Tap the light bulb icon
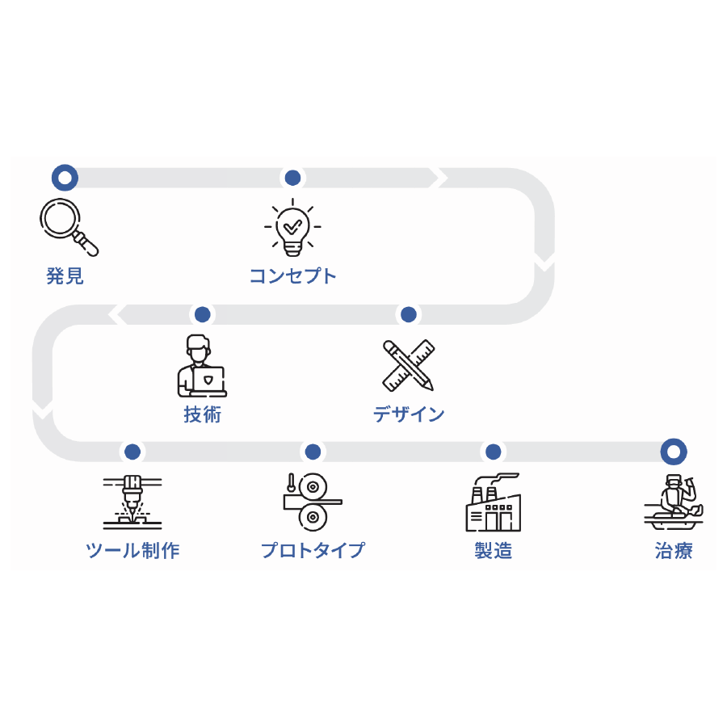click(292, 226)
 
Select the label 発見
click(65, 276)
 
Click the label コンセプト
click(292, 276)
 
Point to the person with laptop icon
click(202, 366)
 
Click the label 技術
click(202, 415)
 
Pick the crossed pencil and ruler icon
click(408, 365)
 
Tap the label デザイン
click(409, 415)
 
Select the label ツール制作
click(132, 551)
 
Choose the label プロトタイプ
click(313, 551)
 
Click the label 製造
click(493, 551)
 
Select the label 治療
click(674, 551)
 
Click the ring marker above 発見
click(65, 177)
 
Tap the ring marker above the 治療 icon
click(674, 452)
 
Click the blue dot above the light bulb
click(292, 177)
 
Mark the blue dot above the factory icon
click(493, 452)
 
